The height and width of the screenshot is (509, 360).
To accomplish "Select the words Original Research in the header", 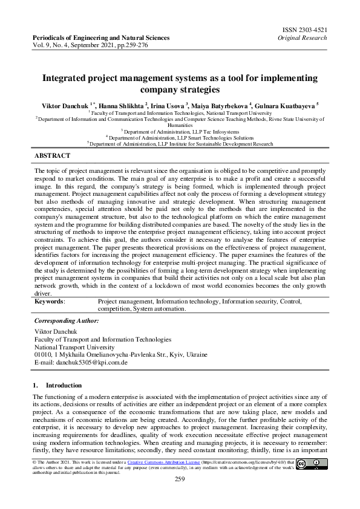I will (303, 37).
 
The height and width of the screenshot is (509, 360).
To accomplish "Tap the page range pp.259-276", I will (141, 45).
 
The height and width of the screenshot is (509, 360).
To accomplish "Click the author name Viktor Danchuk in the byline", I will (61, 105).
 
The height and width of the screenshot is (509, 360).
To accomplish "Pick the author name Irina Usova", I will (169, 105).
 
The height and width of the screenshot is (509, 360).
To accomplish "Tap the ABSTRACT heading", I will (52, 155).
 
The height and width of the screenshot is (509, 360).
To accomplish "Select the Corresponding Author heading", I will (66, 320).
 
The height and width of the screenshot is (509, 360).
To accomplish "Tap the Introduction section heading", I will (64, 384).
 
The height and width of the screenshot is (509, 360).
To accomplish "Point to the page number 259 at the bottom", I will (180, 479).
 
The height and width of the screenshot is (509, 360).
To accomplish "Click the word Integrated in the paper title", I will (66, 78).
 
